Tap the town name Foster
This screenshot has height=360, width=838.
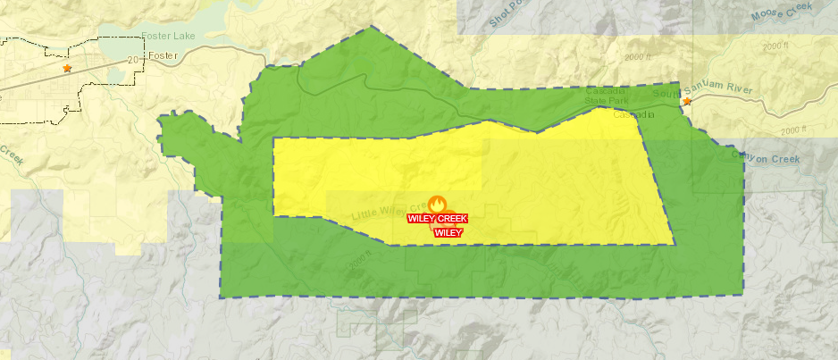(x=163, y=56)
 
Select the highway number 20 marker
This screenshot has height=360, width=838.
(x=135, y=60)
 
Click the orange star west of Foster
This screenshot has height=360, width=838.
(x=66, y=68)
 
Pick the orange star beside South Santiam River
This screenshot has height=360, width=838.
(x=686, y=102)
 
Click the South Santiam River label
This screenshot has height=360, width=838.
(x=715, y=90)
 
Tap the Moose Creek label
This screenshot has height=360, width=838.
(x=782, y=13)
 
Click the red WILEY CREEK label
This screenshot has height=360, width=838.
(x=437, y=218)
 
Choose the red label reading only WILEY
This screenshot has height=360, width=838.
(x=448, y=232)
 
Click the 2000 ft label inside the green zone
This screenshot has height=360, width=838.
(x=359, y=262)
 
